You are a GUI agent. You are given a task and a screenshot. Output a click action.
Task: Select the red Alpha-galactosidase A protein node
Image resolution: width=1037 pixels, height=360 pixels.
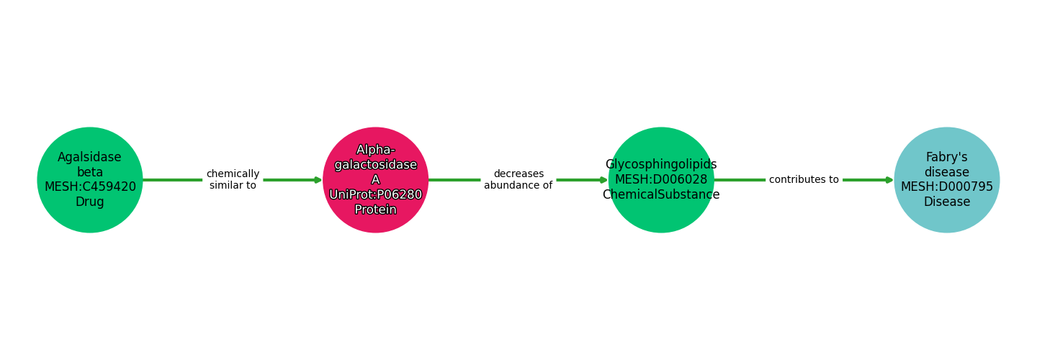pyautogui.click(x=375, y=180)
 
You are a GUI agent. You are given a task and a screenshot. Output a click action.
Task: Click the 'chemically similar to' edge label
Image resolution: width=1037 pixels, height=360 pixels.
pyautogui.click(x=233, y=180)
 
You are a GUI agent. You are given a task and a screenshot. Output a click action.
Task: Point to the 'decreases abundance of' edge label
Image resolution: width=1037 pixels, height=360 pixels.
pyautogui.click(x=518, y=180)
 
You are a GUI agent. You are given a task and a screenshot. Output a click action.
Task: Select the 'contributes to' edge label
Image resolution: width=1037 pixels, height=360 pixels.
pyautogui.click(x=804, y=180)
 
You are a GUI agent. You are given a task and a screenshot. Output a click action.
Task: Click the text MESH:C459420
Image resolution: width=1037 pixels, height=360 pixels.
pyautogui.click(x=90, y=187)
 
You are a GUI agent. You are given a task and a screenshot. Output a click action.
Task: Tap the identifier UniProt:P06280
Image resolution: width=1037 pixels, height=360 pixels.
pyautogui.click(x=375, y=195)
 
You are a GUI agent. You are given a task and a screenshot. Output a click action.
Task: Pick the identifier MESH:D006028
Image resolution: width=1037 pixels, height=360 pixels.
pyautogui.click(x=661, y=180)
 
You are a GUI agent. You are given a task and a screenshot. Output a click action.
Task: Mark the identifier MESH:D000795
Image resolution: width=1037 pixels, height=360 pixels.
pyautogui.click(x=946, y=187)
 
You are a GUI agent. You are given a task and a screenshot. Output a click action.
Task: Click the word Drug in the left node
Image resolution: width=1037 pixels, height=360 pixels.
pyautogui.click(x=90, y=202)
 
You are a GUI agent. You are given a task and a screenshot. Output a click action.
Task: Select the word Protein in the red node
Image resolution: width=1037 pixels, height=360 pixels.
pyautogui.click(x=375, y=210)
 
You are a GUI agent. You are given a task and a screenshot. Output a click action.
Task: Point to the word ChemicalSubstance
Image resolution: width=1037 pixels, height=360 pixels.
pyautogui.click(x=661, y=195)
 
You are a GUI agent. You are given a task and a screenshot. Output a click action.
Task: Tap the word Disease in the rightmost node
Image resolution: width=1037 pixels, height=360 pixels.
pyautogui.click(x=946, y=202)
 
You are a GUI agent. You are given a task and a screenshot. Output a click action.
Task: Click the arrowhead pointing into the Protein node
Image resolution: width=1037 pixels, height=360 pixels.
pyautogui.click(x=318, y=180)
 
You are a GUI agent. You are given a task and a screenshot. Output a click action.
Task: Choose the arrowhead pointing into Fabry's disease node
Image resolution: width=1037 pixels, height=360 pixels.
pyautogui.click(x=889, y=180)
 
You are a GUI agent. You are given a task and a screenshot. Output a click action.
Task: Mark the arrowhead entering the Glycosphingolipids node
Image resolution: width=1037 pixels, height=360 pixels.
pyautogui.click(x=603, y=180)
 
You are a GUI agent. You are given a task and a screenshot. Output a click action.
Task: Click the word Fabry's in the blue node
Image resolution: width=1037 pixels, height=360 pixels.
pyautogui.click(x=946, y=158)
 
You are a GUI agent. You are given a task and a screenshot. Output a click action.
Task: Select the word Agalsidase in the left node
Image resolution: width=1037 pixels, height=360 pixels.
pyautogui.click(x=90, y=158)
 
